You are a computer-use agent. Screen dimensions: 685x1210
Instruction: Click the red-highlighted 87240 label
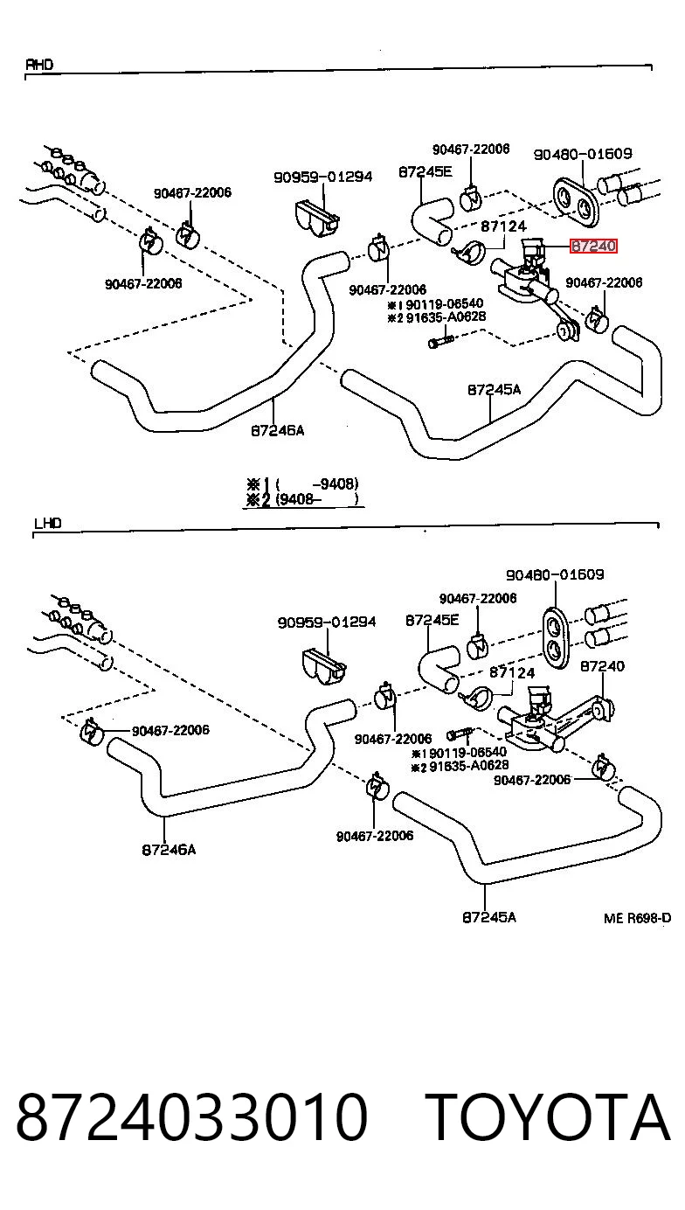click(x=593, y=247)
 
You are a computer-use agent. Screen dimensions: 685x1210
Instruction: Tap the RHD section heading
click(x=39, y=65)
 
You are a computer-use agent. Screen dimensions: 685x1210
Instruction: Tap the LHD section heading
click(x=47, y=524)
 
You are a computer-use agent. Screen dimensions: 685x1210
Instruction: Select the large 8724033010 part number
click(x=192, y=1116)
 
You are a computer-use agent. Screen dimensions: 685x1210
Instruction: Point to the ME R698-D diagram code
click(x=638, y=918)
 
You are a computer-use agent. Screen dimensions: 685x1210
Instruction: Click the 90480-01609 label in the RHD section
click(x=583, y=154)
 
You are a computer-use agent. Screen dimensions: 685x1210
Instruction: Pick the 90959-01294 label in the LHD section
click(x=327, y=622)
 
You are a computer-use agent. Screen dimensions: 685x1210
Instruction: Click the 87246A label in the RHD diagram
click(x=278, y=430)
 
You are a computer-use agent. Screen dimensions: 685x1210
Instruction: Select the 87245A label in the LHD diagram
click(x=489, y=917)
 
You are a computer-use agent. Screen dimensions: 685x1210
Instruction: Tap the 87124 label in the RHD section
click(x=503, y=226)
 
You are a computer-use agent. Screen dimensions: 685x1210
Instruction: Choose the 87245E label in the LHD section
click(x=432, y=620)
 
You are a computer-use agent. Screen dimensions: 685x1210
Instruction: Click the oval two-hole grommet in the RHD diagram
click(x=576, y=201)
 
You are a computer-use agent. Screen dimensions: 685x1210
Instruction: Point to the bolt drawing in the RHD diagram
click(x=441, y=342)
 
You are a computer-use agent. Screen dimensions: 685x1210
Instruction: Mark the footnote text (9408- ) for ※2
click(x=317, y=500)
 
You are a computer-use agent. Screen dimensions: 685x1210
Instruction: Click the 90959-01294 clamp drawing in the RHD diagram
click(x=317, y=219)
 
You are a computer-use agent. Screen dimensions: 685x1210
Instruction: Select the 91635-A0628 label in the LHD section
click(x=468, y=766)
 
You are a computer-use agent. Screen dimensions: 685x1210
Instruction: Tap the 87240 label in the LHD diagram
click(x=602, y=666)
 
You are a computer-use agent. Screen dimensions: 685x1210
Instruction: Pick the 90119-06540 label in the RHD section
click(x=444, y=303)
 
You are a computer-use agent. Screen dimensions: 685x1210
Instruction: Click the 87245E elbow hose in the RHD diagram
click(x=432, y=219)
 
